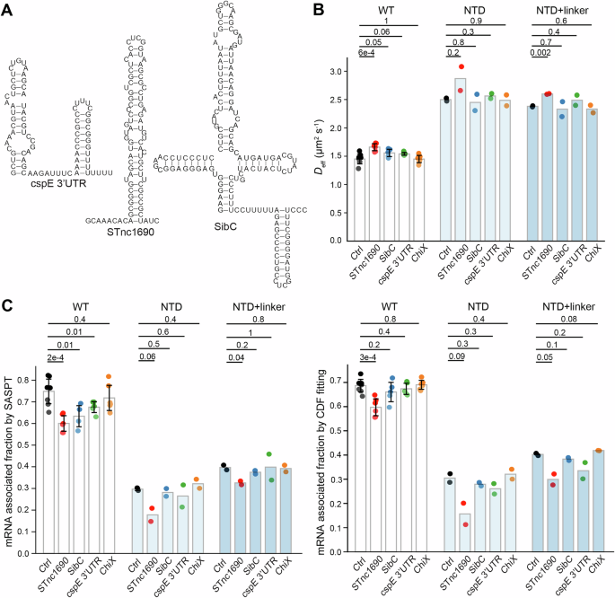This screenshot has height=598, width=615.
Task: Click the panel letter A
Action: pyautogui.click(x=7, y=8)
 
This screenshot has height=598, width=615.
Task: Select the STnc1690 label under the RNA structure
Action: pyautogui.click(x=134, y=232)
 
